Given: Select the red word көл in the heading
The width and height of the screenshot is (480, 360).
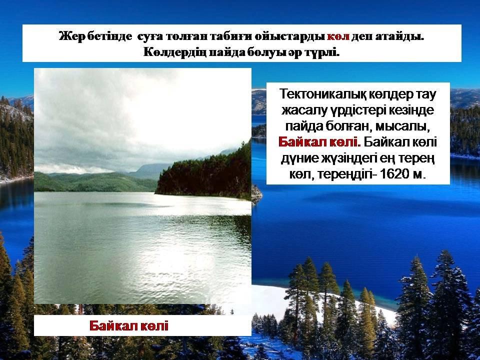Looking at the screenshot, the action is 338,36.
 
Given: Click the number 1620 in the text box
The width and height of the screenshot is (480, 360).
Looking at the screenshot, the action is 394,174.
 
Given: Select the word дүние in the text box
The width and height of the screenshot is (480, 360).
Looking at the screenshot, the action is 298,158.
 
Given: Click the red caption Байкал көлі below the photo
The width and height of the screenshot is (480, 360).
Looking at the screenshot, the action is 129,325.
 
